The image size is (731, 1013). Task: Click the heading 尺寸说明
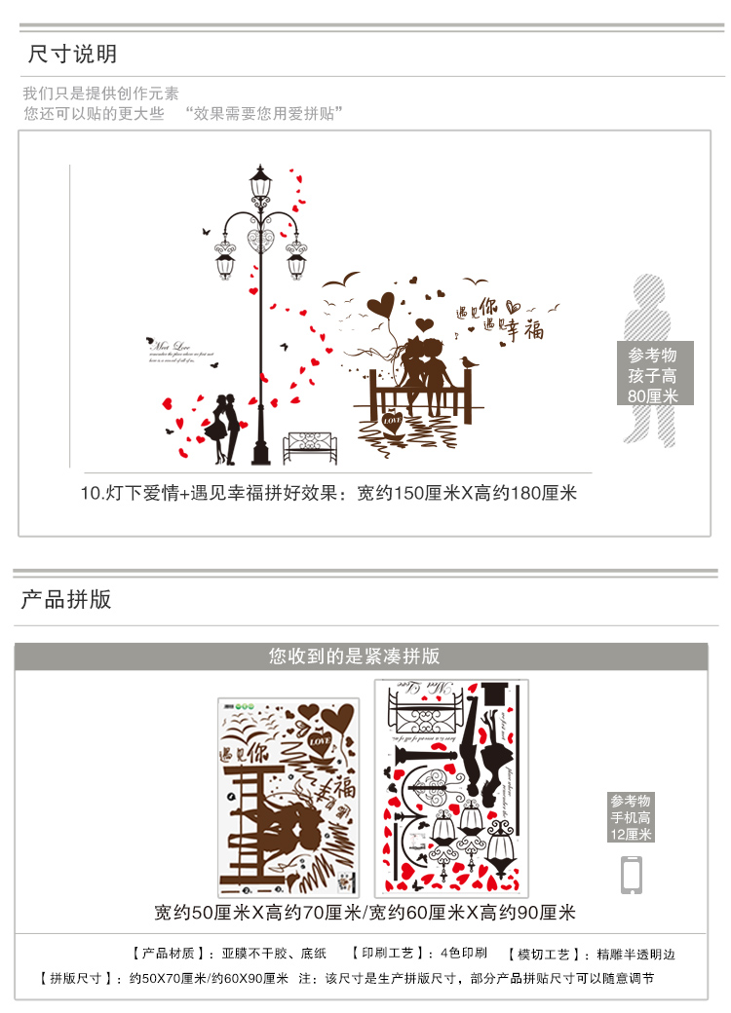72,53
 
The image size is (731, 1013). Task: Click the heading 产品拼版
66,599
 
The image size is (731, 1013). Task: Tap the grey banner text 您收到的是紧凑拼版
362,657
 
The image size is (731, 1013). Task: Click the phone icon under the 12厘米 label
632,874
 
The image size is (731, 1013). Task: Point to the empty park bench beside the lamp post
310,448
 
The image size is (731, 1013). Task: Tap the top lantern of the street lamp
261,185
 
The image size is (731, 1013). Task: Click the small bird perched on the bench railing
472,363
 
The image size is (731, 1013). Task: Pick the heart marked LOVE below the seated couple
392,423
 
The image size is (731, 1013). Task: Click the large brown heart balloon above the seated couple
381,305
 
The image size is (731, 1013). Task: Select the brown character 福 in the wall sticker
533,329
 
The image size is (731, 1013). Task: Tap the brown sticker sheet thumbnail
288,797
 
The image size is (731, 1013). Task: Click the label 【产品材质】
162,955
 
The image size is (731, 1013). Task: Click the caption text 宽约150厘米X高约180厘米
467,493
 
